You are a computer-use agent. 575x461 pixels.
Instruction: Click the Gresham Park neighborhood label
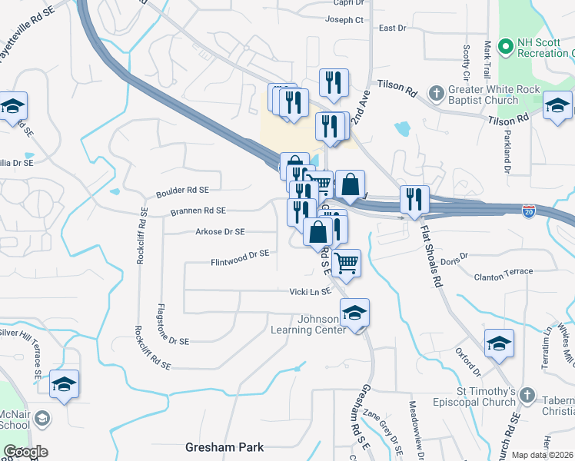tap(224, 447)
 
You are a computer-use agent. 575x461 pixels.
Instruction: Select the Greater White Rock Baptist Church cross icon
tap(436, 93)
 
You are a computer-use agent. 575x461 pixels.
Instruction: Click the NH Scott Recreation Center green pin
tap(505, 47)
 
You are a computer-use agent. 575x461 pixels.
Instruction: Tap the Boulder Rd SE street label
tap(182, 190)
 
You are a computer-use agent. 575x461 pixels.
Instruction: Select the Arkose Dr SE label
tap(220, 231)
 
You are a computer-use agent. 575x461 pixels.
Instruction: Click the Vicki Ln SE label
tap(310, 292)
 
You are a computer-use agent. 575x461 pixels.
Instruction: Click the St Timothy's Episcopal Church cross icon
tap(527, 396)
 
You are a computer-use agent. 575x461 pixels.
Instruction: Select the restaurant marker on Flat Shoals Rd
tap(414, 200)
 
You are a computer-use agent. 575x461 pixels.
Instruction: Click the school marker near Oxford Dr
tap(498, 343)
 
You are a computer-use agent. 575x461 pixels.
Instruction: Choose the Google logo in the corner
tap(25, 452)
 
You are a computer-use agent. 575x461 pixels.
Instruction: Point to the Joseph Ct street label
tap(344, 21)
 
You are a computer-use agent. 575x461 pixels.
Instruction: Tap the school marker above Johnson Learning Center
tap(354, 313)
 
